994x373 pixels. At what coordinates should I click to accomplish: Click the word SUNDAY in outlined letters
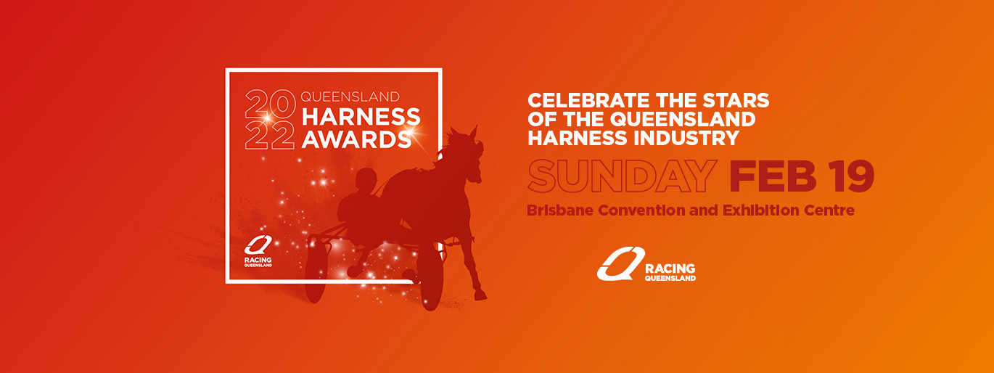tap(622, 176)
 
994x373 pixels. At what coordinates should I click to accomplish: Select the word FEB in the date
tap(773, 176)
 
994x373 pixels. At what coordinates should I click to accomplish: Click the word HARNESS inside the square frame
tap(361, 117)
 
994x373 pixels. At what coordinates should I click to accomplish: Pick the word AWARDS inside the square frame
tap(356, 139)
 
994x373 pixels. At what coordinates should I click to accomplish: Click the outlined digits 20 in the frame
tap(270, 104)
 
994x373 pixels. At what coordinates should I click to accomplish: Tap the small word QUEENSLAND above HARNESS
tap(350, 97)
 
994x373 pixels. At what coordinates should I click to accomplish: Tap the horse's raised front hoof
tap(480, 295)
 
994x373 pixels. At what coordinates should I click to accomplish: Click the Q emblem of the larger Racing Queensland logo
tap(620, 263)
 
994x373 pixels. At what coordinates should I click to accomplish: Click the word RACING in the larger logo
tap(670, 269)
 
